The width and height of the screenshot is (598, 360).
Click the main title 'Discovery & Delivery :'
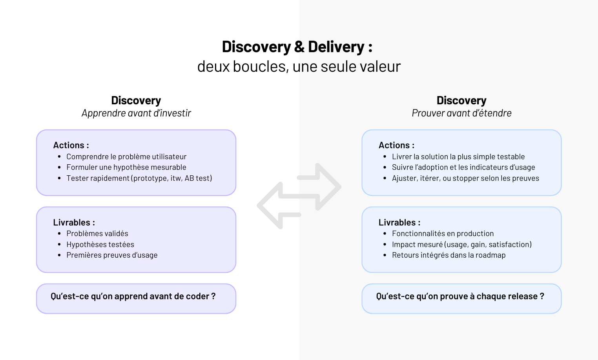tap(297, 47)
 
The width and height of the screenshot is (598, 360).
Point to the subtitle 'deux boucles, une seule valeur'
tap(299, 67)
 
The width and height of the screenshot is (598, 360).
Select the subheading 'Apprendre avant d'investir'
tap(136, 113)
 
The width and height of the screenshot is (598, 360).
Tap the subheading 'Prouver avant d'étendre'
tap(461, 113)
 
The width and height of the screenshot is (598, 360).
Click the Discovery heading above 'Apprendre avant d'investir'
tap(136, 100)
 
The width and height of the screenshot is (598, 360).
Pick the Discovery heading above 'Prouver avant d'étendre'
tap(461, 100)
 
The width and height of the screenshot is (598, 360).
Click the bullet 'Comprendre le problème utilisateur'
tap(126, 156)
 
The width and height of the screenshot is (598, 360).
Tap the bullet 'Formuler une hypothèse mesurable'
tap(126, 167)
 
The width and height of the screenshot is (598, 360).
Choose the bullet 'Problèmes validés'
tap(97, 233)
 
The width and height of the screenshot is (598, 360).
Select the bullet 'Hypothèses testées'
tap(100, 244)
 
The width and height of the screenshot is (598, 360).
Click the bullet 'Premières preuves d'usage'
tap(112, 255)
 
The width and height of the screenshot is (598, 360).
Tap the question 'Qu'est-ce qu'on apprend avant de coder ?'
tap(133, 296)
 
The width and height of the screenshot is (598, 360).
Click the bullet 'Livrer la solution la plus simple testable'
tap(458, 156)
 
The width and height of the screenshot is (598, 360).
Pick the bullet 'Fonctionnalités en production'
tap(443, 233)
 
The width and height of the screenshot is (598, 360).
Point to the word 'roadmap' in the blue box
tap(490, 255)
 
